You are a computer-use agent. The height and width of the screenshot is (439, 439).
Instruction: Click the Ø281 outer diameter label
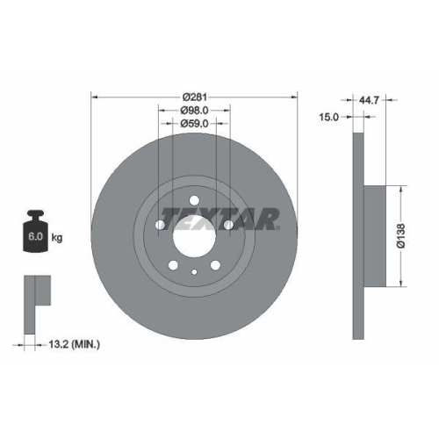click(194, 97)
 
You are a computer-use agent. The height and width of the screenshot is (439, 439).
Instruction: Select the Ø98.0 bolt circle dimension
click(194, 111)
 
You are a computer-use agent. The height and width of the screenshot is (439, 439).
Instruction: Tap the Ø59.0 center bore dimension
click(194, 125)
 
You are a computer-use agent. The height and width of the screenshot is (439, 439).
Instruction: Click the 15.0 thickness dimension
click(330, 116)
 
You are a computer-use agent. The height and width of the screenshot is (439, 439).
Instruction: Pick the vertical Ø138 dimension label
click(400, 235)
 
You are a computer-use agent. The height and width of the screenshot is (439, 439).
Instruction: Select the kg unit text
click(56, 238)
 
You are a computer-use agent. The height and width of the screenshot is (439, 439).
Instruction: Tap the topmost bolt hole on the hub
click(194, 199)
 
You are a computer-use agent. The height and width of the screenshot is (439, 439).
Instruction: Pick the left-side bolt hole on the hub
click(160, 226)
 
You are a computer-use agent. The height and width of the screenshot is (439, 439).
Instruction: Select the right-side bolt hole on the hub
click(228, 226)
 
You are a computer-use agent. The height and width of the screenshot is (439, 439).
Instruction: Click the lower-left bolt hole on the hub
click(173, 265)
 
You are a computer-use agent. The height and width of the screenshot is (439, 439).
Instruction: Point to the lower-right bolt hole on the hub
click(215, 265)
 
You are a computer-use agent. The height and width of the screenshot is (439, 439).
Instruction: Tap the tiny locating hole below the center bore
click(194, 271)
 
